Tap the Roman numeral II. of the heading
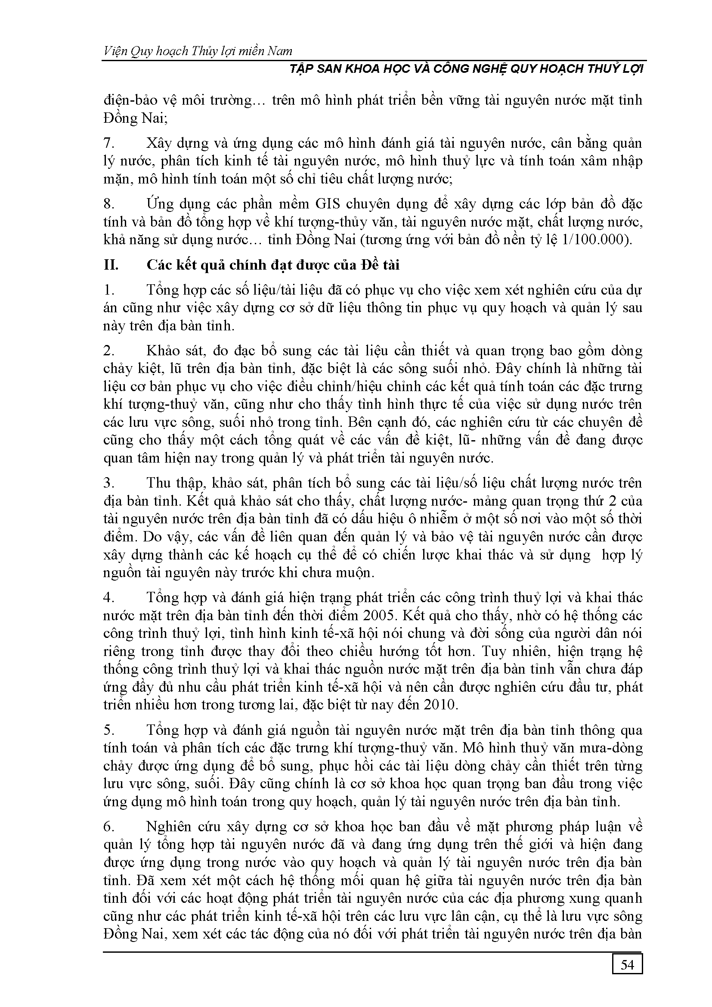pyautogui.click(x=111, y=265)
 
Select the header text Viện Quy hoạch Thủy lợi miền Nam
pyautogui.click(x=198, y=52)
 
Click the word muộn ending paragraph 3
pyautogui.click(x=353, y=573)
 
